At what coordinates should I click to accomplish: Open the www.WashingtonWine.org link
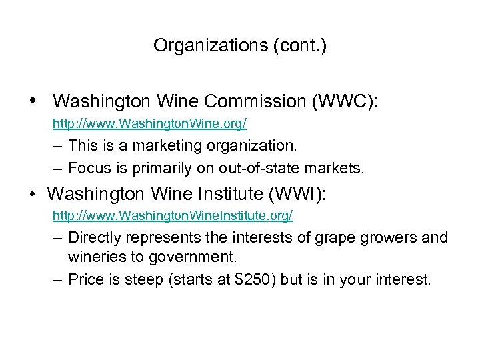click(150, 123)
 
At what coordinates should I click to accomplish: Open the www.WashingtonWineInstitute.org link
click(173, 216)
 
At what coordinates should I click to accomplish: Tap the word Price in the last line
click(85, 279)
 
